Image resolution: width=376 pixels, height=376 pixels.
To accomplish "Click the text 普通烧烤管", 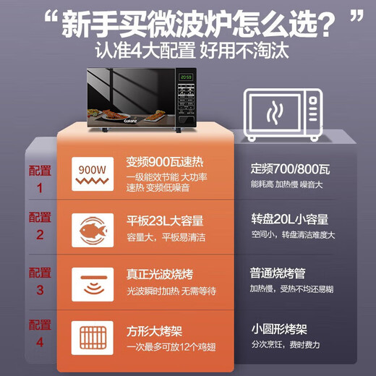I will pyautogui.click(x=278, y=274).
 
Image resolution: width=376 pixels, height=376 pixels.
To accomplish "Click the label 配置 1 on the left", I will pyautogui.click(x=40, y=179).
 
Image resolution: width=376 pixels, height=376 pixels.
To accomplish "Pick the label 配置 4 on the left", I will pyautogui.click(x=40, y=333).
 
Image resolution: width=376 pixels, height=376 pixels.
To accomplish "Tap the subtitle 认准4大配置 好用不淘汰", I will pyautogui.click(x=188, y=52).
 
